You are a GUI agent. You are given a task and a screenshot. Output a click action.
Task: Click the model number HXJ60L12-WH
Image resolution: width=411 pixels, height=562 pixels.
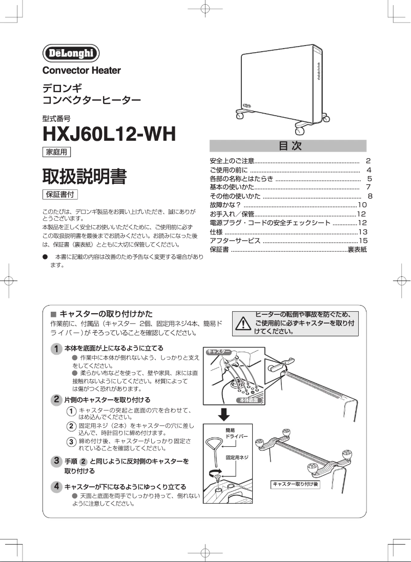tap(109, 134)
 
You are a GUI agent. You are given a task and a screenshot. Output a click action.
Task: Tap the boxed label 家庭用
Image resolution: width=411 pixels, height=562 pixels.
tap(56, 152)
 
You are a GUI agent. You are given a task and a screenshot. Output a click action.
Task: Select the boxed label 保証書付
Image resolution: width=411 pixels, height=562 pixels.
tap(60, 194)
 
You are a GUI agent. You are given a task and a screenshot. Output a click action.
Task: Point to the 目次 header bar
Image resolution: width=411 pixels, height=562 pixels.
tap(289, 146)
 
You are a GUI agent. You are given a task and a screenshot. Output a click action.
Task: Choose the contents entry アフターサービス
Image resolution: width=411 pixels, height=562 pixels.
tap(235, 241)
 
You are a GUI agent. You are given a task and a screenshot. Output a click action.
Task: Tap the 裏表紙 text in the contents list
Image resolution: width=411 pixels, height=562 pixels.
tap(357, 249)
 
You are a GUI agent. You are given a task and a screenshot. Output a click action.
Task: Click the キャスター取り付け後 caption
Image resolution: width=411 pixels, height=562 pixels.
tap(296, 484)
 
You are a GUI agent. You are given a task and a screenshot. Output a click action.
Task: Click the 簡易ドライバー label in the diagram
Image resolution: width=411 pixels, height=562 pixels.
tap(237, 434)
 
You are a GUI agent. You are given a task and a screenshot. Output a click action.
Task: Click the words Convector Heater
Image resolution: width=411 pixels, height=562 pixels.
tap(81, 70)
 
